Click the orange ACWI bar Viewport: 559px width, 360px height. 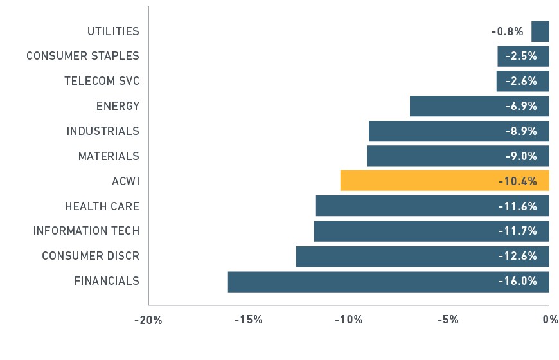pyautogui.click(x=445, y=181)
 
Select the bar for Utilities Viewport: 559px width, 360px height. pyautogui.click(x=540, y=32)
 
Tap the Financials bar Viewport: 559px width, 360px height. pyautogui.click(x=389, y=282)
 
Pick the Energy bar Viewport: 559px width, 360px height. pyautogui.click(x=479, y=106)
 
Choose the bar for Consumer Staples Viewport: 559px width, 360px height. pyautogui.click(x=524, y=56)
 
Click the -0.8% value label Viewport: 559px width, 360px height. pyautogui.click(x=508, y=32)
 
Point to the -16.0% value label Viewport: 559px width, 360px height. pyautogui.click(x=518, y=281)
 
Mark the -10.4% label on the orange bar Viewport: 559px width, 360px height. pyautogui.click(x=518, y=181)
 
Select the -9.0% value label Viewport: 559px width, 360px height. pyautogui.click(x=521, y=156)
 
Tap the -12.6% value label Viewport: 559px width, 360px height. pyautogui.click(x=518, y=256)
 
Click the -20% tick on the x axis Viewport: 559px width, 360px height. pyautogui.click(x=148, y=320)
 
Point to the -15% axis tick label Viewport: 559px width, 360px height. pyautogui.click(x=249, y=319)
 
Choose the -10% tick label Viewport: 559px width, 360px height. pyautogui.click(x=349, y=319)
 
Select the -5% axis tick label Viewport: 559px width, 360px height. pyautogui.click(x=448, y=319)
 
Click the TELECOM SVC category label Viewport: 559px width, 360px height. pyautogui.click(x=102, y=81)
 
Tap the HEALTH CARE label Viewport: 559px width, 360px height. pyautogui.click(x=102, y=206)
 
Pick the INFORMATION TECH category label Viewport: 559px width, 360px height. pyautogui.click(x=86, y=231)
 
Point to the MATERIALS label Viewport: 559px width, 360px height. pyautogui.click(x=109, y=156)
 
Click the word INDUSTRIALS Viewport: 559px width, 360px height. pyautogui.click(x=103, y=131)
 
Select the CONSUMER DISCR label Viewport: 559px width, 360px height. pyautogui.click(x=91, y=256)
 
